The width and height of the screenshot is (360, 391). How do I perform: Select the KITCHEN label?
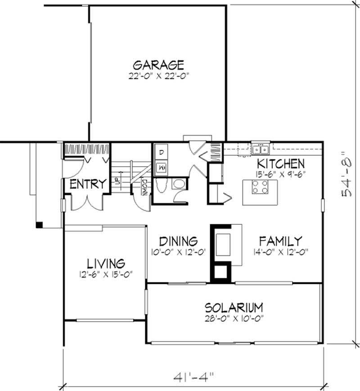coord(281,164)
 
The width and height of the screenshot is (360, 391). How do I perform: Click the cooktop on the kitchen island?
coord(260,186)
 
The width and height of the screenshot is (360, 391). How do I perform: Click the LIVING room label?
coord(106,263)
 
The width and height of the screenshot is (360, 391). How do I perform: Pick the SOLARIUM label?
coord(234,308)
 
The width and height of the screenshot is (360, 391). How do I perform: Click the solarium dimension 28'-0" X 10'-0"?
coord(234,318)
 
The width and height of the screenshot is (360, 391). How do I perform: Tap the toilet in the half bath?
coord(179,184)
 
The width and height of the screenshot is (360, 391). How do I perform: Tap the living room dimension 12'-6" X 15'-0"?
coord(106,274)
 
